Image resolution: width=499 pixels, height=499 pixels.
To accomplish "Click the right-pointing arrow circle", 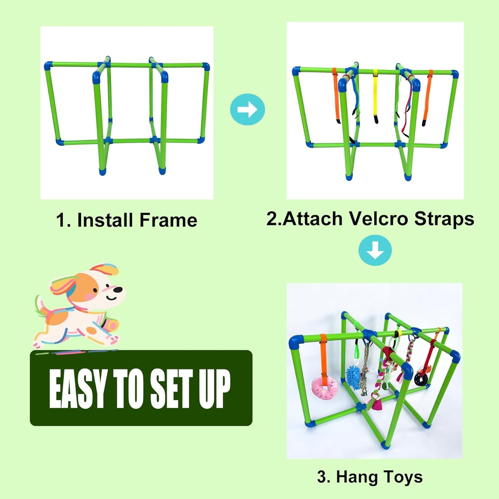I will point(247,109).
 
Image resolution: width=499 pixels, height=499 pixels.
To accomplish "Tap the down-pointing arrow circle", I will point(375,250).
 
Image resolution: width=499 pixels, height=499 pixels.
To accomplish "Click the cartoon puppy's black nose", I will point(118,289).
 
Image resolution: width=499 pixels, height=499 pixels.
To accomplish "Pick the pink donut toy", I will point(324,386).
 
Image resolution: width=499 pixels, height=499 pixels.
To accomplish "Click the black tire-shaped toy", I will point(421,379).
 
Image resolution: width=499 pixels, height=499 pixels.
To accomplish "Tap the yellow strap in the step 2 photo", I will point(375,95).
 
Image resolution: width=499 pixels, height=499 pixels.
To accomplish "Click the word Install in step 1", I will point(105,220).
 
